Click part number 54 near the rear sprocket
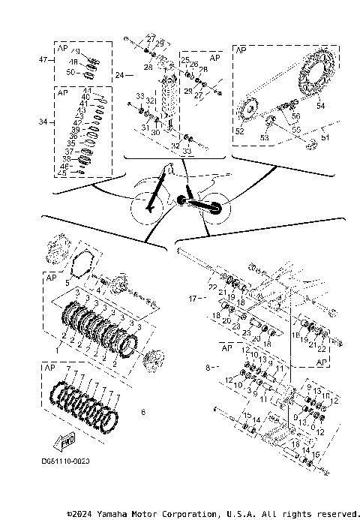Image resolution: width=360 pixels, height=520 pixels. [x=321, y=107]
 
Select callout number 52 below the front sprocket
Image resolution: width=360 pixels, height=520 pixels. [x=240, y=131]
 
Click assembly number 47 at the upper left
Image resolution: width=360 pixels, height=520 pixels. [x=43, y=59]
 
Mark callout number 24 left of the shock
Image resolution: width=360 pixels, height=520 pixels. [x=119, y=75]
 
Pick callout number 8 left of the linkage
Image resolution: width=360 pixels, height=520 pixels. [x=208, y=368]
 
